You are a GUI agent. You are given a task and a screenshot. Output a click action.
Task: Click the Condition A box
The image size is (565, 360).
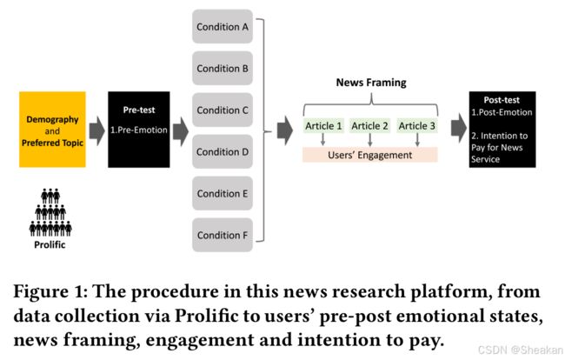pos(223,27)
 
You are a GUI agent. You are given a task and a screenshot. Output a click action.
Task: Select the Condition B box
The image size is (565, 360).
pos(223,69)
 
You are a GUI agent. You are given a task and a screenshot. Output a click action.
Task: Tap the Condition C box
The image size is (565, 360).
pos(223,110)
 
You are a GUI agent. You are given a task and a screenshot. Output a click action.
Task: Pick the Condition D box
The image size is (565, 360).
pos(223,151)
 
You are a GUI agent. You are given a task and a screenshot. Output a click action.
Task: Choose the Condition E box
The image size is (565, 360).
pos(223,194)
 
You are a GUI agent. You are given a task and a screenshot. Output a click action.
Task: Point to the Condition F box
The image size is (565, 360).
pos(223,235)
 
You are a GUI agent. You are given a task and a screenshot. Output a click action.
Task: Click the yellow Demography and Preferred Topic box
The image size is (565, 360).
pos(52,130)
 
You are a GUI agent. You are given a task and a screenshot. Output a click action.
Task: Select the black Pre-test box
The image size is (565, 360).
pos(139,130)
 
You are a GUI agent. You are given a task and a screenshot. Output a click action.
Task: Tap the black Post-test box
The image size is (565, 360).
pos(502,130)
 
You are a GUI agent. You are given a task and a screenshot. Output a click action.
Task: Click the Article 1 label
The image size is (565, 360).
pos(323,126)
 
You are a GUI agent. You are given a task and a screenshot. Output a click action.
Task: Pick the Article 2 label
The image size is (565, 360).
pos(370,126)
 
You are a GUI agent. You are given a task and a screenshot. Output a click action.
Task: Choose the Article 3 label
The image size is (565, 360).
pos(417,126)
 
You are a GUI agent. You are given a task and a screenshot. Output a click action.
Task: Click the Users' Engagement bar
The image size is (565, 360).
pos(370,155)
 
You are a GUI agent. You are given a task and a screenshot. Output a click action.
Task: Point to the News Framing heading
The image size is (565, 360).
pos(371,83)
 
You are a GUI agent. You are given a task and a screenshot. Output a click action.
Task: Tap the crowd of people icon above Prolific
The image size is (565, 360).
pos(50,213)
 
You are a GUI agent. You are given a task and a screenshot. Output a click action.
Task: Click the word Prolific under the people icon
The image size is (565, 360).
pos(50,244)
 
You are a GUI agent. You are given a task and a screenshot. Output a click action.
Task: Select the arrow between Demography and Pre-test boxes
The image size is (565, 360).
pos(97,130)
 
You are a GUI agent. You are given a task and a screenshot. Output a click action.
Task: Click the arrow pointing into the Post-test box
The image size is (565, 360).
pos(459,129)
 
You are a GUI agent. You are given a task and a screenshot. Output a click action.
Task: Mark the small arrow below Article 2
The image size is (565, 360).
pos(370,140)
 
